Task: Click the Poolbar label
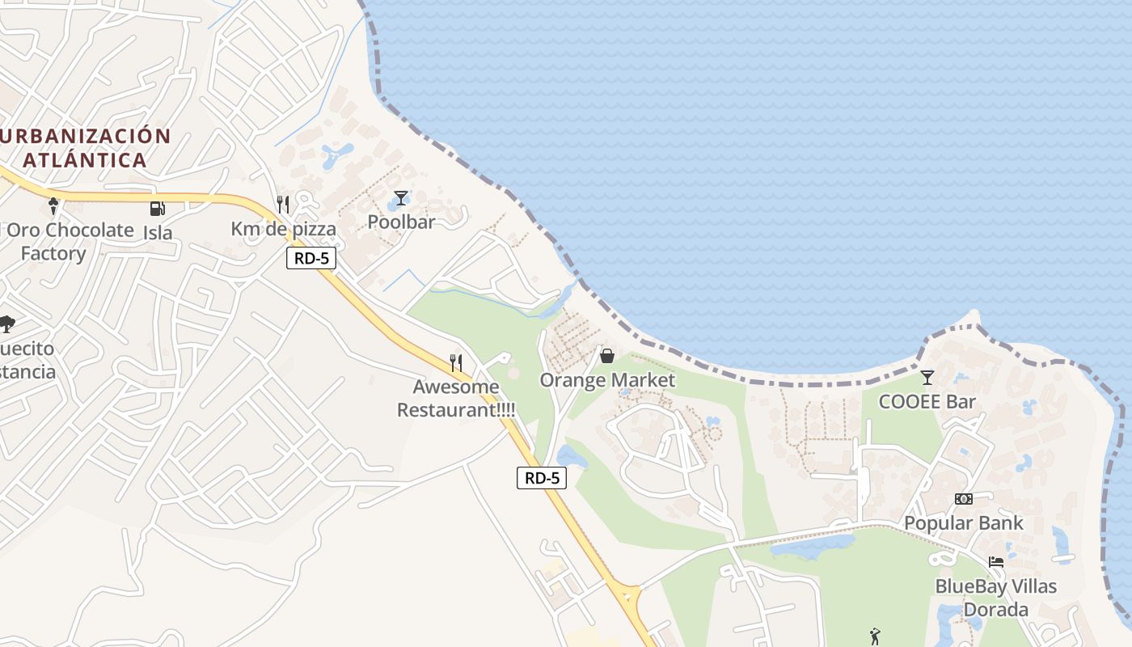tap(401, 222)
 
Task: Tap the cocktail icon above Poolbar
tap(401, 198)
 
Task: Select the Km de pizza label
tap(283, 229)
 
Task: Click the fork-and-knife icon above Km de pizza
tap(283, 205)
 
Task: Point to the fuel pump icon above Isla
tap(157, 209)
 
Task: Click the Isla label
tap(158, 233)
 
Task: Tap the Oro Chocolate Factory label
tap(69, 241)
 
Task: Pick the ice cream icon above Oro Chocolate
tap(54, 206)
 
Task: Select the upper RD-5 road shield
tap(311, 259)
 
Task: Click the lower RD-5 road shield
tap(542, 478)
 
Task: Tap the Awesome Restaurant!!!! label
tap(456, 398)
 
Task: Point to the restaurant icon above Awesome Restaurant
tap(456, 363)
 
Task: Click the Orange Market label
tap(607, 380)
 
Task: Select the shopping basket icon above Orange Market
tap(607, 356)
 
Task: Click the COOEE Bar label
tap(927, 402)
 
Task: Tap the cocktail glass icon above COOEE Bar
tap(927, 378)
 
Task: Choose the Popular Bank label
tap(963, 523)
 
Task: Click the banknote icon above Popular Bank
tap(963, 499)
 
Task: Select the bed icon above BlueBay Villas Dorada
tap(996, 562)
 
